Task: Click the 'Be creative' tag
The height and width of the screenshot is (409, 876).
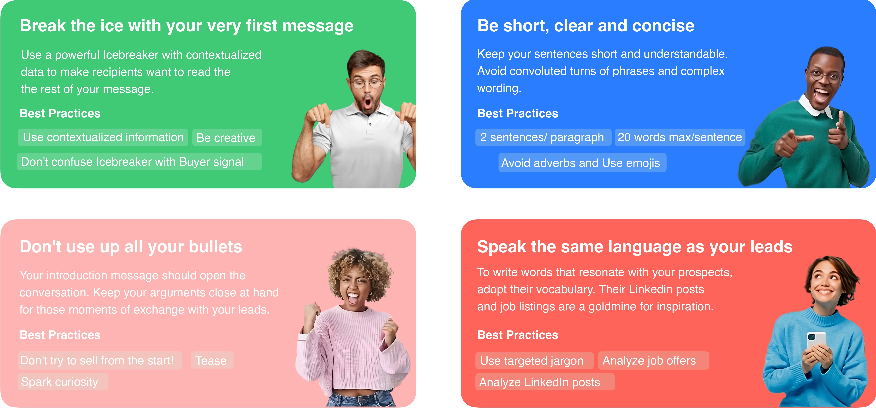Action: point(227,137)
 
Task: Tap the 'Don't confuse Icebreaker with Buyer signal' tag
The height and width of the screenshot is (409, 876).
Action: point(139,162)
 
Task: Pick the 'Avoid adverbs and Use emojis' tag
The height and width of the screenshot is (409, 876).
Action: point(582,163)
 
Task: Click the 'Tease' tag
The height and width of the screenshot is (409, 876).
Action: point(212,360)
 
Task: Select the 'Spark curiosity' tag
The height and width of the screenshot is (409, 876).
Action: point(63,382)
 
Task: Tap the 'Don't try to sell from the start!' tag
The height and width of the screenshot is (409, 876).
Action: point(100,360)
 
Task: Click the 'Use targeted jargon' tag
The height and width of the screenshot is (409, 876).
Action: point(534,360)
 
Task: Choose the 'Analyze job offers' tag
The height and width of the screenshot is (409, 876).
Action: point(653,360)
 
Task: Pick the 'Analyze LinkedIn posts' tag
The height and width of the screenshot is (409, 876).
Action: point(545,382)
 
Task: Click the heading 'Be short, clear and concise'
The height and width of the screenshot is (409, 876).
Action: point(586,26)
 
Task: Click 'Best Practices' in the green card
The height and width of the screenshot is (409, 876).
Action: point(60,113)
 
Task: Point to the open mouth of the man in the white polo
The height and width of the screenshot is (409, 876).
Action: point(367,102)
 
